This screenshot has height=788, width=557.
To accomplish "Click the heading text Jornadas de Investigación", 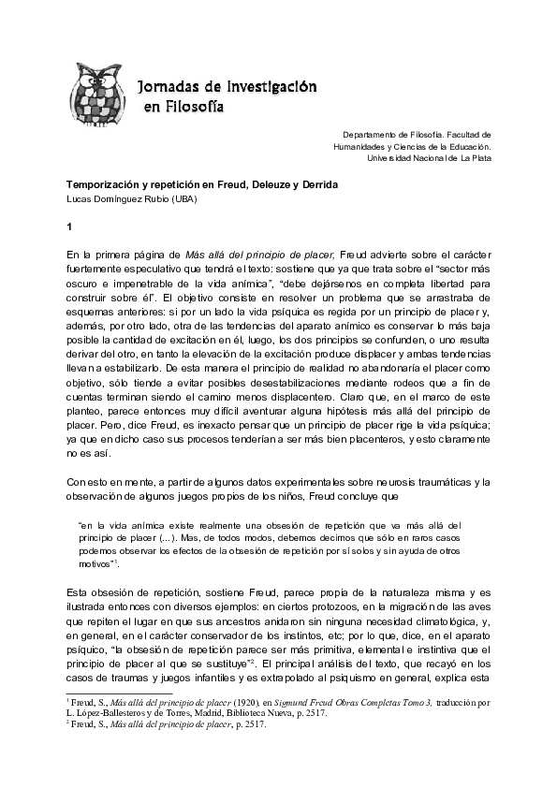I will [227, 86].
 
